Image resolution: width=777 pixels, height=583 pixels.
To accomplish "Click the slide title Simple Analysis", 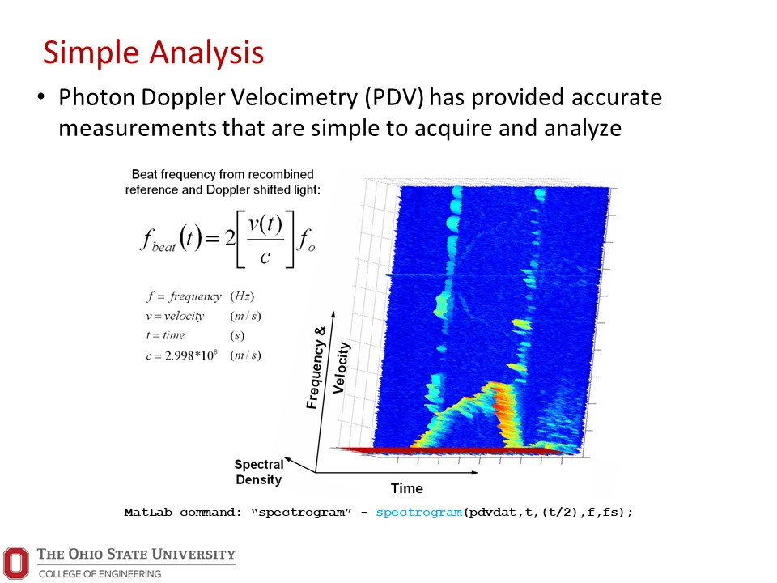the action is click(x=153, y=53).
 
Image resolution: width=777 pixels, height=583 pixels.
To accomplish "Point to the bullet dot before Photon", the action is click(x=40, y=96).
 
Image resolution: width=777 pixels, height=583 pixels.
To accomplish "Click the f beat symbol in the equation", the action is click(x=158, y=240).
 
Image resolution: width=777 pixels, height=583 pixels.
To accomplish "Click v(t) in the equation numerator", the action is click(x=265, y=224).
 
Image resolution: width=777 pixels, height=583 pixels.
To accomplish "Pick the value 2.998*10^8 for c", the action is click(x=191, y=355).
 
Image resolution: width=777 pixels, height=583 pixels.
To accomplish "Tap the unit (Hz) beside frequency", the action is click(x=242, y=296).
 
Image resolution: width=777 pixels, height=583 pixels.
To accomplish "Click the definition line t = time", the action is click(x=165, y=335).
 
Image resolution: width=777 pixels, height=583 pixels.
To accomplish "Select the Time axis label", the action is click(x=407, y=488).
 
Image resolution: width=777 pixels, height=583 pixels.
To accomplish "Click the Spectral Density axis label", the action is click(x=259, y=472).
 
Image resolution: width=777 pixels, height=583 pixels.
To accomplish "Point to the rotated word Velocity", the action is click(x=341, y=368).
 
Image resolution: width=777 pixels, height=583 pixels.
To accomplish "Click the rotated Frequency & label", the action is click(x=316, y=368).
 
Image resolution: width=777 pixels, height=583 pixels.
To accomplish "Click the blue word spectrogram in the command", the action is click(x=418, y=512).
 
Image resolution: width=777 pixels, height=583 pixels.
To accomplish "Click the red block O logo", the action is click(x=16, y=563).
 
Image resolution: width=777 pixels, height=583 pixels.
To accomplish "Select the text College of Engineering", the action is click(x=100, y=573).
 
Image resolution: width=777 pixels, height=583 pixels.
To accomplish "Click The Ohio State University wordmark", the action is click(x=136, y=554).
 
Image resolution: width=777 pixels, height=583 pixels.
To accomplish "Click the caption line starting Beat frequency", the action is click(x=223, y=175).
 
